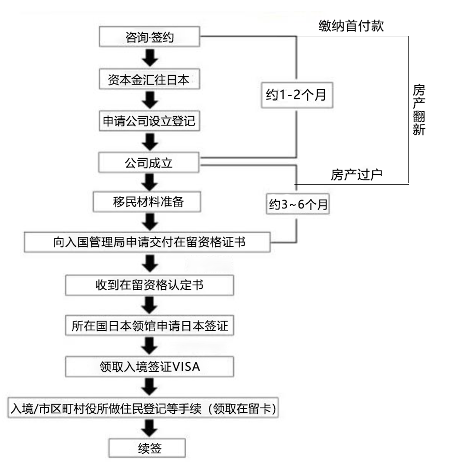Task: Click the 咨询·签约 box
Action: point(149,37)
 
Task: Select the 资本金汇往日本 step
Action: point(149,79)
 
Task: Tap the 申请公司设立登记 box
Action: point(149,121)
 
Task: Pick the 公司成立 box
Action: point(149,163)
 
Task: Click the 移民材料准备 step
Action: point(147,202)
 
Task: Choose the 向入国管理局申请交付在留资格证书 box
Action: point(147,242)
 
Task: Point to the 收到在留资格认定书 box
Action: point(149,285)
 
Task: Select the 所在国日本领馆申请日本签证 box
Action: point(149,326)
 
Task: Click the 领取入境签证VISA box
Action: point(149,367)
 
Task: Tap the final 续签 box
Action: point(147,448)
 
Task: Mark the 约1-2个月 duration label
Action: point(297,95)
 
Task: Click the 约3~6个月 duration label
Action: point(298,204)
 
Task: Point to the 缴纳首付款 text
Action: point(351,26)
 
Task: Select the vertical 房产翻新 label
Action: point(419,110)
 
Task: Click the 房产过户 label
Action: point(357,175)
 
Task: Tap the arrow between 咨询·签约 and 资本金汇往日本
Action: point(150,58)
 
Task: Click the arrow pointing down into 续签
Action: point(150,428)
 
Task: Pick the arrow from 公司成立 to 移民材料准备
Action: point(150,183)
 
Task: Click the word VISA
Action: point(186,367)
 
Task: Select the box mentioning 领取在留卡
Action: point(143,408)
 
